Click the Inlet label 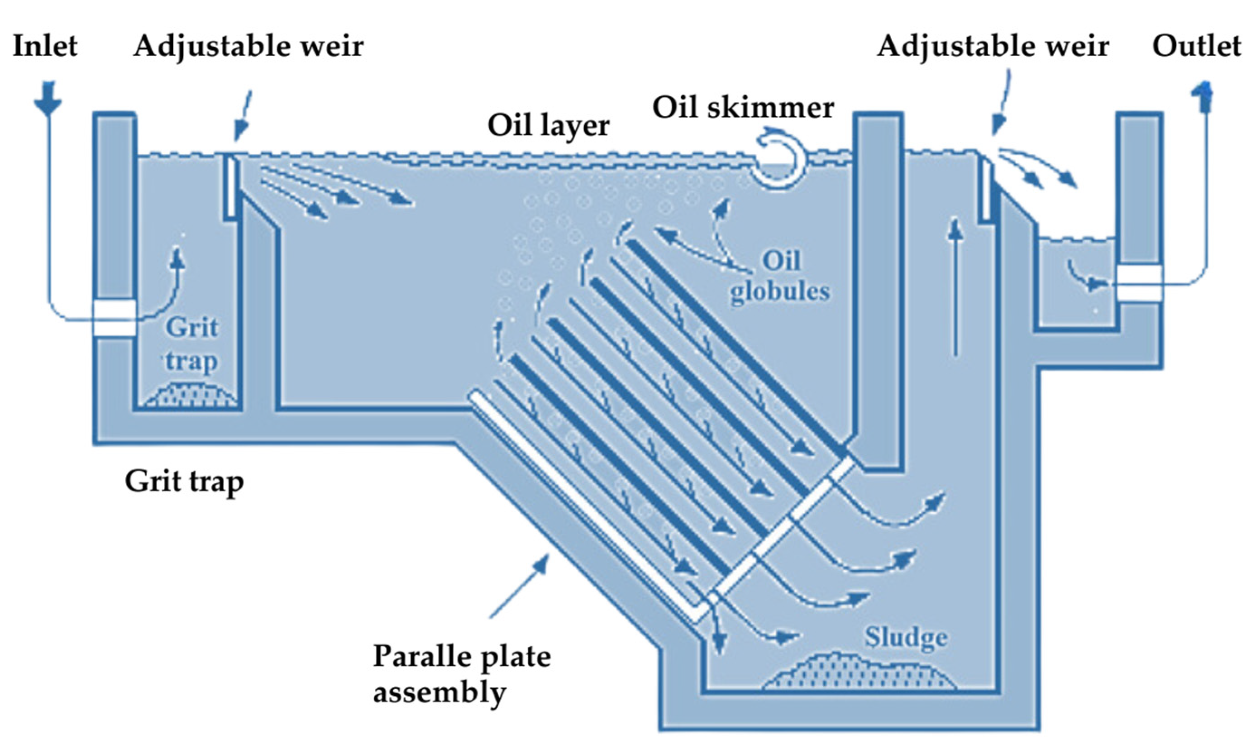pos(45,46)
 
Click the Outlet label pos(1196,46)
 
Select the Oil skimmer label pos(743,108)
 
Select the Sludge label pos(906,638)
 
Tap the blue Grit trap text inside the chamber pos(191,345)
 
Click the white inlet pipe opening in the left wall pos(115,318)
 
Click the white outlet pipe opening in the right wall pos(1140,284)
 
